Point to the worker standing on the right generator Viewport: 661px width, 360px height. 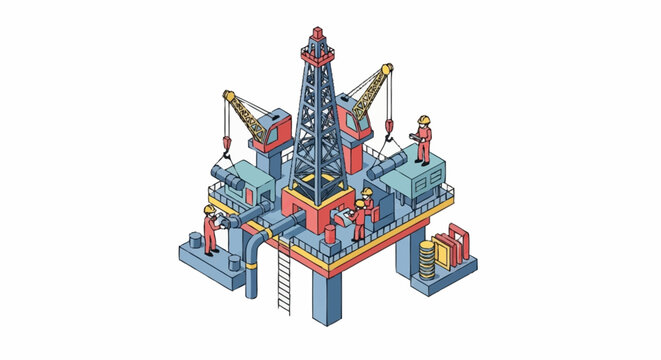point(424,139)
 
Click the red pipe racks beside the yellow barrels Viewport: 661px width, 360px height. point(454,246)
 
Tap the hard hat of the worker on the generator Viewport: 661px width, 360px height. point(424,119)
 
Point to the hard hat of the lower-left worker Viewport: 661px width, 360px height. point(209,209)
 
